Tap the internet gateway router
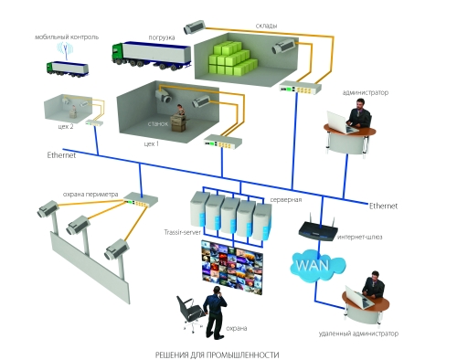pyautogui.click(x=318, y=228)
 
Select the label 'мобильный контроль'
pyautogui.click(x=67, y=37)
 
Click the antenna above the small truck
pyautogui.click(x=67, y=50)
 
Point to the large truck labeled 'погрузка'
pyautogui.click(x=151, y=56)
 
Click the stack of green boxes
pyautogui.click(x=232, y=58)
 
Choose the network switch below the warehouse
pyautogui.click(x=301, y=88)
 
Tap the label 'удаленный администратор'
pyautogui.click(x=358, y=334)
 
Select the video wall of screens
pyautogui.click(x=232, y=267)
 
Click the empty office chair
pyautogui.click(x=189, y=313)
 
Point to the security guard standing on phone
pyautogui.click(x=216, y=312)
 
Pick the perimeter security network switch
pyautogui.click(x=141, y=199)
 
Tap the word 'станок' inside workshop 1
pyautogui.click(x=158, y=123)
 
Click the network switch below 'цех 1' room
pyautogui.click(x=223, y=142)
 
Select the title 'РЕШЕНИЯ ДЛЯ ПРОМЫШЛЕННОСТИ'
pyautogui.click(x=217, y=355)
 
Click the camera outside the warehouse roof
pyautogui.click(x=194, y=27)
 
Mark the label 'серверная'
pyautogui.click(x=286, y=200)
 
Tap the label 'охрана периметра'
pyautogui.click(x=90, y=194)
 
